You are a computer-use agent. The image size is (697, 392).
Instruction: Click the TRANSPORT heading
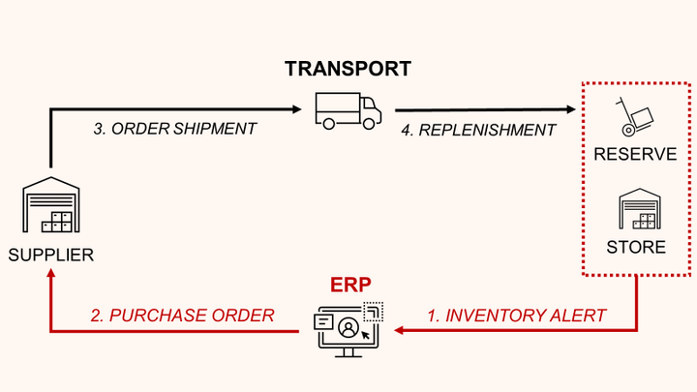tap(348, 69)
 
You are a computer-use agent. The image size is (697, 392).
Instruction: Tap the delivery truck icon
tap(348, 110)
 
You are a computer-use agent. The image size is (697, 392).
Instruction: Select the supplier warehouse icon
tap(50, 206)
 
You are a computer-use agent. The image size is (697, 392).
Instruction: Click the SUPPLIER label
tap(50, 256)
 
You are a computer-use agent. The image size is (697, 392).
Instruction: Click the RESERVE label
tap(635, 154)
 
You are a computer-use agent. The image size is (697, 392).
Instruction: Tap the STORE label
tap(636, 247)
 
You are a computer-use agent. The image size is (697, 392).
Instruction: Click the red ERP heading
tap(350, 286)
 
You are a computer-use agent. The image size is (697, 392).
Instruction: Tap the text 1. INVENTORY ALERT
tap(517, 315)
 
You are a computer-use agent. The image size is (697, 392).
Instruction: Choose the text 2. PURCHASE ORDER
tap(182, 315)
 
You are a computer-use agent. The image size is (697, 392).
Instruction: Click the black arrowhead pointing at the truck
tap(294, 109)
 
